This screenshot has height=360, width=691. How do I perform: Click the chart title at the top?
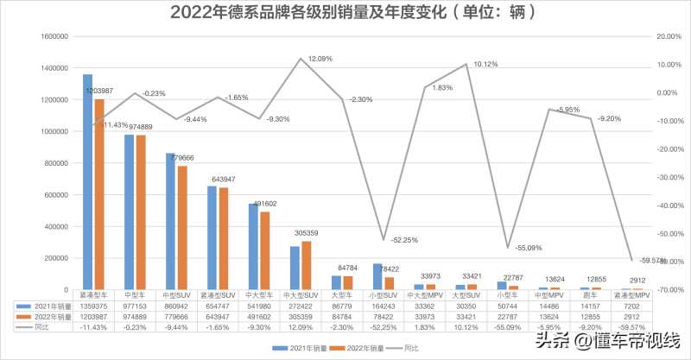tap(345, 12)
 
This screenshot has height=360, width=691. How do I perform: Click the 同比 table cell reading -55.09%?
tap(507, 327)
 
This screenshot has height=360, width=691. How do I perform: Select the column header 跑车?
tap(590, 294)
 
